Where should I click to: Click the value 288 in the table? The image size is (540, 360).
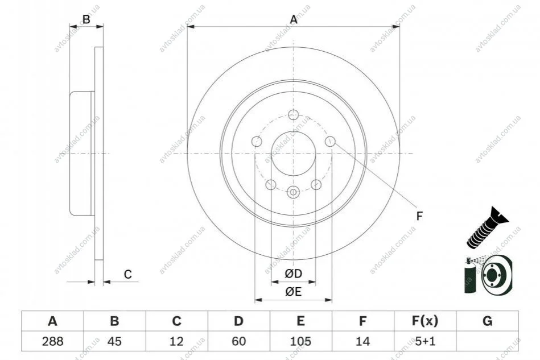[52, 341]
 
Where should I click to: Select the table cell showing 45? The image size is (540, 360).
[115, 341]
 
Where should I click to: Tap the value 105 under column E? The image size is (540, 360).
[300, 341]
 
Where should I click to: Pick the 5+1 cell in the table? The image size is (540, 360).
[425, 341]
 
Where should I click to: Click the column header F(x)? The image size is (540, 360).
[425, 321]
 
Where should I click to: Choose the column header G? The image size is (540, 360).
[487, 321]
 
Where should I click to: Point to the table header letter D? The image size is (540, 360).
[238, 321]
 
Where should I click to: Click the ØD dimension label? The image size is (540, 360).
[294, 274]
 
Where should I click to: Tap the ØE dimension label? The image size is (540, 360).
[294, 292]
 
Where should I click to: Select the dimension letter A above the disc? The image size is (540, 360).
[294, 19]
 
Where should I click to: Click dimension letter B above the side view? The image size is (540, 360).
[86, 19]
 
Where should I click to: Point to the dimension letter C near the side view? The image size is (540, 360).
[128, 274]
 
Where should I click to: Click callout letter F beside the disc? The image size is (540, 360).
[419, 216]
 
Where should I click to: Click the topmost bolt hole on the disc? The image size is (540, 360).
[293, 115]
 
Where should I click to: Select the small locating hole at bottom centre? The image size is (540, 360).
[293, 192]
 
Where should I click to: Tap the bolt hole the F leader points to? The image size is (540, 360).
[330, 141]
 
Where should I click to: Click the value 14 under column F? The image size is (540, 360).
[362, 341]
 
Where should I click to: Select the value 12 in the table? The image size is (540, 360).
[176, 341]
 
